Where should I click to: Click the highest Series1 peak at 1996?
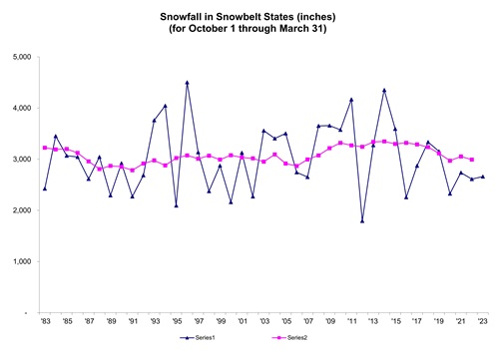187,83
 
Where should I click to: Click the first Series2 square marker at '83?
44,148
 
